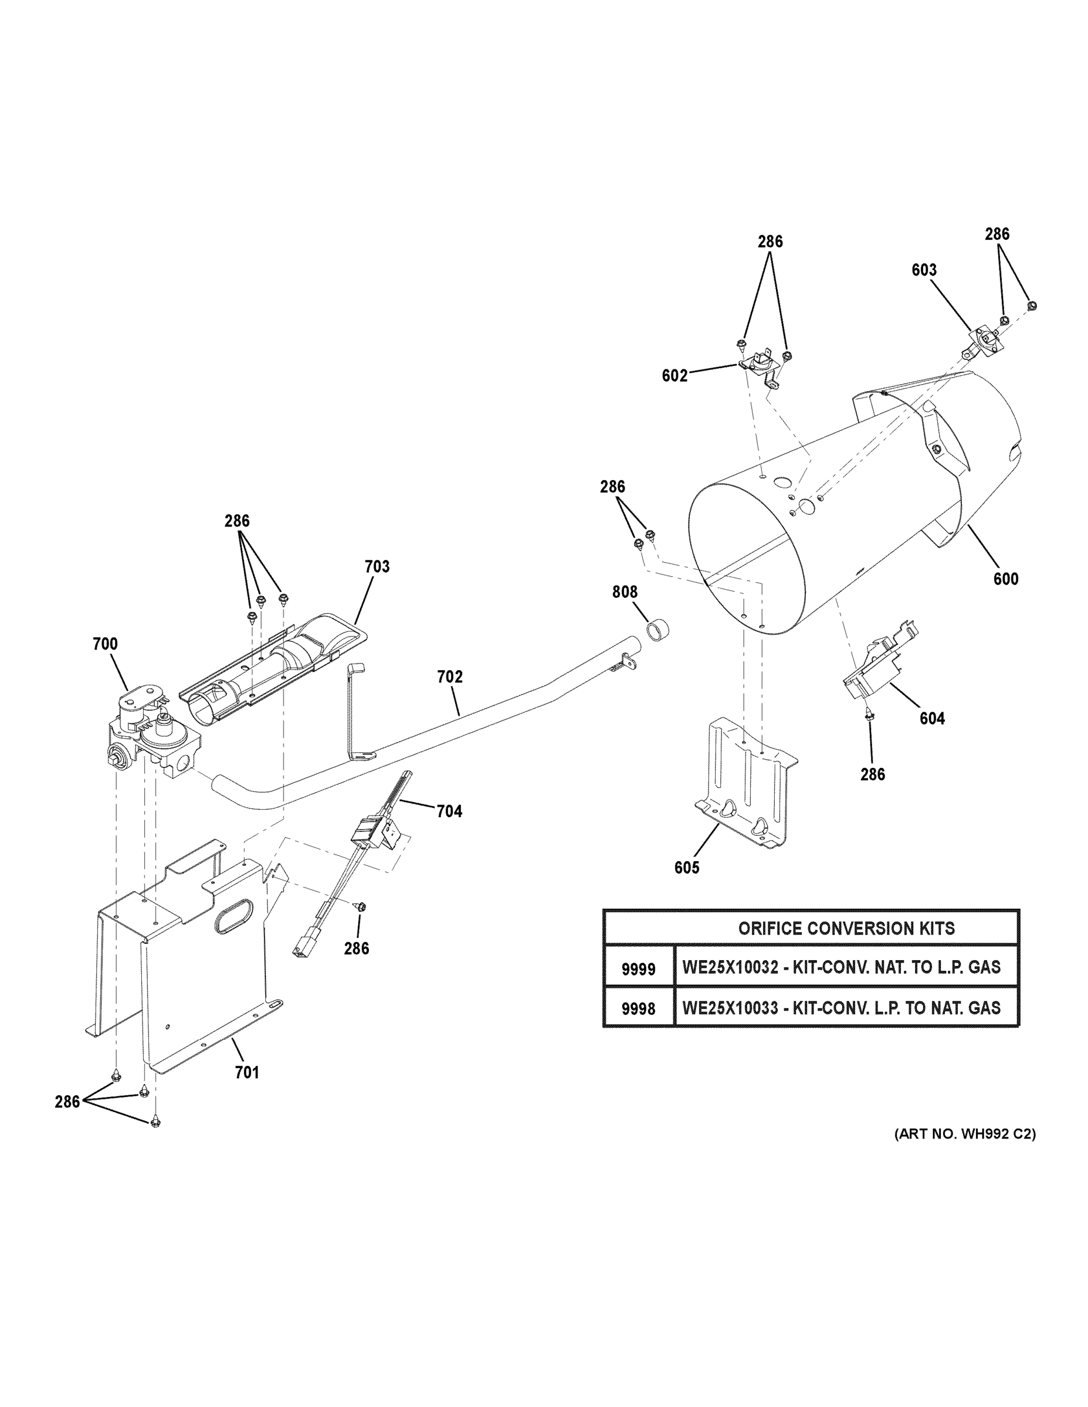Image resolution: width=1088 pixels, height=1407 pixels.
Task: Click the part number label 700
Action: tap(105, 644)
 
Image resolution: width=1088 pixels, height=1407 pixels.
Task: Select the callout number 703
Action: tap(377, 566)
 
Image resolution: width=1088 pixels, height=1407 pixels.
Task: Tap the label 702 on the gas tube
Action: tap(450, 677)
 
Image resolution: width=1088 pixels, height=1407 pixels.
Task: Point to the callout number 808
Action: tap(625, 592)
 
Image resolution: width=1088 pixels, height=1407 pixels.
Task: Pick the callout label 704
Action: tap(449, 811)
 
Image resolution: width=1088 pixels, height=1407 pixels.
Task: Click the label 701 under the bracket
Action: tap(247, 1072)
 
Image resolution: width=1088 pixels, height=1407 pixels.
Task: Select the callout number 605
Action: tap(686, 868)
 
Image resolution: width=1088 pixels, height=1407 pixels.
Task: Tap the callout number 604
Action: tap(932, 718)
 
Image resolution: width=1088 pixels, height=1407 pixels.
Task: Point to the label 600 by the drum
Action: tap(1005, 579)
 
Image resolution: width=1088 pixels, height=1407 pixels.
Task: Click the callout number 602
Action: tap(675, 376)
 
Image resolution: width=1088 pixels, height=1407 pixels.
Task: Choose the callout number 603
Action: tap(924, 270)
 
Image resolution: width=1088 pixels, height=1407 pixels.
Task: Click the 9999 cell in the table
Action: tap(638, 969)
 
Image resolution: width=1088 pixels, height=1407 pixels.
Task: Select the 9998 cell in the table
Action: tap(638, 1009)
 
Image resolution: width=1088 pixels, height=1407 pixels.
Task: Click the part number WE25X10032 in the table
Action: tap(730, 967)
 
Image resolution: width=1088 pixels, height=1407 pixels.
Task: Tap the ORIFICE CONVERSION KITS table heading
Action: tap(846, 929)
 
